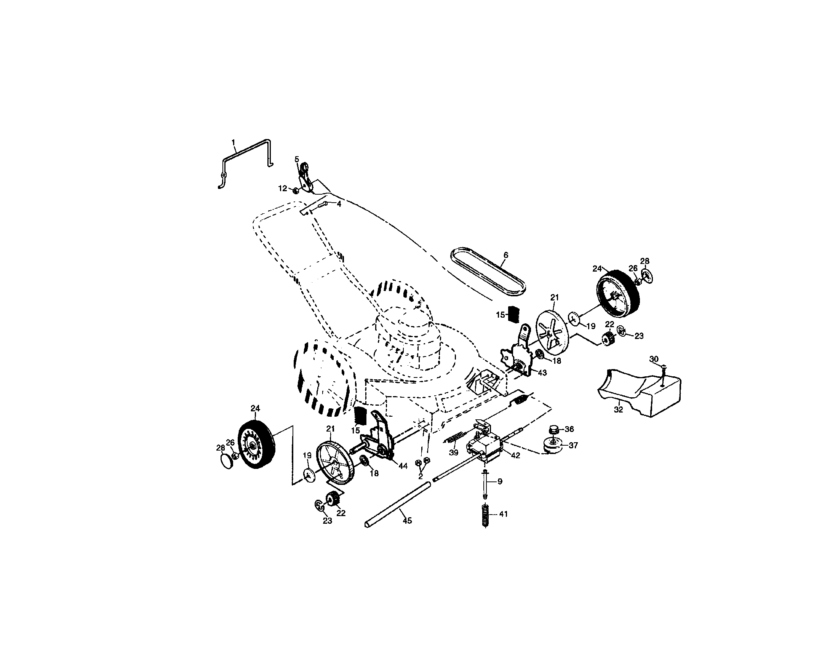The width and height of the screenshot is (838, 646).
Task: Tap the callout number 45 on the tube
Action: pyautogui.click(x=407, y=521)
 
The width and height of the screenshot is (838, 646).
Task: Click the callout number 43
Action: pyautogui.click(x=542, y=373)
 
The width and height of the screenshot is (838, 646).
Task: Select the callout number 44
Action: pyautogui.click(x=403, y=466)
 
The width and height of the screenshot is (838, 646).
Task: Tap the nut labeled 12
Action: pyautogui.click(x=296, y=191)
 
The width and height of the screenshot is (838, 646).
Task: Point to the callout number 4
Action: pyautogui.click(x=339, y=204)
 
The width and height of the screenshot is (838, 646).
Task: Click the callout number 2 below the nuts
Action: pyautogui.click(x=420, y=477)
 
